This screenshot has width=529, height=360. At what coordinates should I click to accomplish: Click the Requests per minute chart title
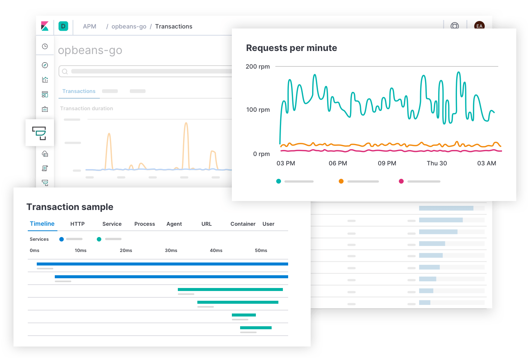[x=291, y=48]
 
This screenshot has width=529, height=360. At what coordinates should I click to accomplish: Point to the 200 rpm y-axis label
[x=257, y=66]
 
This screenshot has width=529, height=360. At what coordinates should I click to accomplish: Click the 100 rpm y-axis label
[x=258, y=109]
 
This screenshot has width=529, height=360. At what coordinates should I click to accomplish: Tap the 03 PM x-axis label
[x=286, y=163]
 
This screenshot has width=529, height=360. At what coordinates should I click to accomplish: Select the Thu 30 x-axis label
[x=437, y=163]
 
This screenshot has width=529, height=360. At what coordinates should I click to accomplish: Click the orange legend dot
[x=341, y=181]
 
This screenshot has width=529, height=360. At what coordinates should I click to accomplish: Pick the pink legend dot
[x=401, y=181]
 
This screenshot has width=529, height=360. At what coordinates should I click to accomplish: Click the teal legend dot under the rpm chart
[x=278, y=181]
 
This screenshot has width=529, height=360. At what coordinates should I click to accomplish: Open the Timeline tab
[x=42, y=223]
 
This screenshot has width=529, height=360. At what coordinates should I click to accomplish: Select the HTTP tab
[x=77, y=224]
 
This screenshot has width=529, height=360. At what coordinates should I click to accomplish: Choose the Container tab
[x=243, y=224]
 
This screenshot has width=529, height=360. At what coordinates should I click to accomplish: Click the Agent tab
[x=174, y=224]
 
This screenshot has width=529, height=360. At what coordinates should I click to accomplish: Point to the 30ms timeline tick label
[x=171, y=250]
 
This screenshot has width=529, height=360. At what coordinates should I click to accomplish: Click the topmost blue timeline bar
[x=162, y=264]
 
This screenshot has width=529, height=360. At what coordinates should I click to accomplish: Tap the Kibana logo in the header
[x=45, y=26]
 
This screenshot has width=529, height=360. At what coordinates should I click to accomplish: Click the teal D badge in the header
[x=63, y=26]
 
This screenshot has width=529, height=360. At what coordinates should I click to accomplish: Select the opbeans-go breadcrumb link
[x=129, y=26]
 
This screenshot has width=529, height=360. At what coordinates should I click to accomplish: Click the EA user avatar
[x=479, y=25]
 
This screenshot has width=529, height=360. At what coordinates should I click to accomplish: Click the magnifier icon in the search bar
[x=65, y=71]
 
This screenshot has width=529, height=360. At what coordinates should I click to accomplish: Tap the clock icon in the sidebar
[x=45, y=46]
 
